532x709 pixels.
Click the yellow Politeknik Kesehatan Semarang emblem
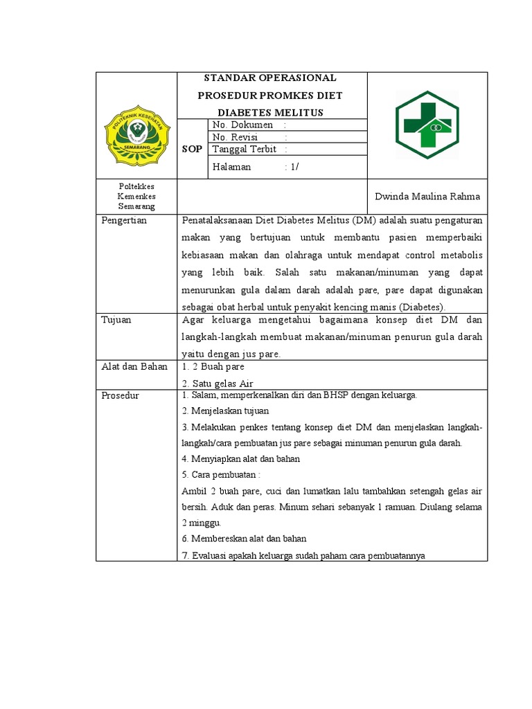point(136,135)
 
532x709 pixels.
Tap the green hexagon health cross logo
point(427,125)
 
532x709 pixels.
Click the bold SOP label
point(192,149)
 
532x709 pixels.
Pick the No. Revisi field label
point(235,137)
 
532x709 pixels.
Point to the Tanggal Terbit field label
point(245,149)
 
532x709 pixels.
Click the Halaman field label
point(231,167)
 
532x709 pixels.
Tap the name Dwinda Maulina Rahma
point(427,197)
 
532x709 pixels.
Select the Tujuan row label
point(116,320)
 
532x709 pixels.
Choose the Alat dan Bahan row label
point(134,367)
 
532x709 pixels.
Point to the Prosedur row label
point(121,395)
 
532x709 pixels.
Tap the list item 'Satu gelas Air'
point(215,383)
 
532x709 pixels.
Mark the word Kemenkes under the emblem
point(136,197)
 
